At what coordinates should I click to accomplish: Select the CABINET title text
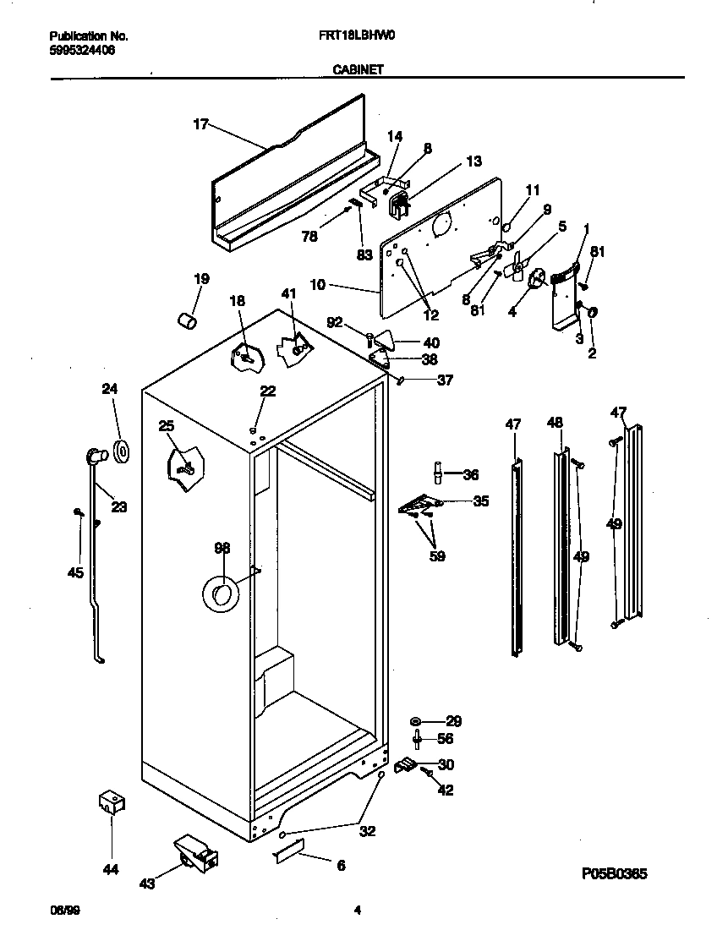pos(353,71)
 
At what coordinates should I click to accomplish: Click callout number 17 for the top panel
pos(200,124)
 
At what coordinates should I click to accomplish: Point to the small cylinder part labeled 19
pos(187,320)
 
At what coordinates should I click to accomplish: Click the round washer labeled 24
pos(122,451)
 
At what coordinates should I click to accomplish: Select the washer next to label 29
pos(416,721)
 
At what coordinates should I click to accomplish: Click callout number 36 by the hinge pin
pos(471,474)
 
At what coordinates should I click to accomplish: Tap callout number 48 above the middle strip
pos(555,421)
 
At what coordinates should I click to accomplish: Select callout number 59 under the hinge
pos(436,556)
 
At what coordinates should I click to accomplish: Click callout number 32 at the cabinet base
pos(367,831)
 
